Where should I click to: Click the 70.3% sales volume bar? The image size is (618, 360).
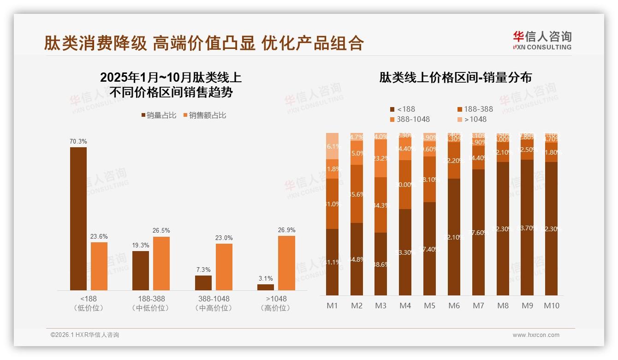tap(78, 219)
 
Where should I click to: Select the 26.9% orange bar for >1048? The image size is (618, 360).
tap(286, 263)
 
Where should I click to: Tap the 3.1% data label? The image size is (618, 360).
tap(266, 278)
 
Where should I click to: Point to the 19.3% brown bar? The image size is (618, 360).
tap(141, 270)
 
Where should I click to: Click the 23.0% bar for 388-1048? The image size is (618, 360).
tap(224, 267)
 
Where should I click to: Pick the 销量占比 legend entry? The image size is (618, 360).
tap(159, 115)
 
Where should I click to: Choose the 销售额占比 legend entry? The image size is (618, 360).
tap(205, 115)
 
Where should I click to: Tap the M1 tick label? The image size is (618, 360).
tap(333, 306)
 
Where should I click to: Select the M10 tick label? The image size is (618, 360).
tap(551, 306)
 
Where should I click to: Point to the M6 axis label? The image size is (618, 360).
tap(454, 306)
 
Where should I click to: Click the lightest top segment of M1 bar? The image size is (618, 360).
tap(333, 146)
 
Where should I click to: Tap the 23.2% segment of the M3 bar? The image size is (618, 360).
tap(381, 158)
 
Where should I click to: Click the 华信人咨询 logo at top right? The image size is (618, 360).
tap(542, 40)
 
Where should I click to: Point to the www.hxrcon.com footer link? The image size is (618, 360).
tap(536, 335)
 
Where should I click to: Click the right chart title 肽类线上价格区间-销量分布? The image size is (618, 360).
tap(455, 77)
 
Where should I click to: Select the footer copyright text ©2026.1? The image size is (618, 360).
tap(85, 335)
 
